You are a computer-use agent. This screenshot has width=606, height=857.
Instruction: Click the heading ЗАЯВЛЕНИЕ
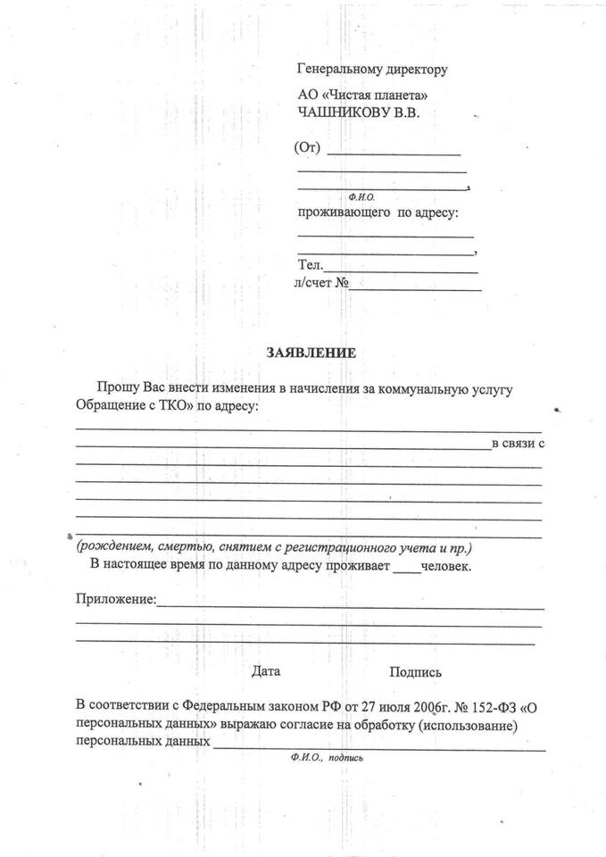click(x=311, y=354)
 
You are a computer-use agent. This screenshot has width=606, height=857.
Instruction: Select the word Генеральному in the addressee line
click(x=336, y=69)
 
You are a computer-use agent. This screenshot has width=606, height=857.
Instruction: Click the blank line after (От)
click(x=394, y=154)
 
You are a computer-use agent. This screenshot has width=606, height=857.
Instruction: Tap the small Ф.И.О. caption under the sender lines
click(x=361, y=196)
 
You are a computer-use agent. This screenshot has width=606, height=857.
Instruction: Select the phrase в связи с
click(x=519, y=444)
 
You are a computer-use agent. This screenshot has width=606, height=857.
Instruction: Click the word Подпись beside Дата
click(x=415, y=672)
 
